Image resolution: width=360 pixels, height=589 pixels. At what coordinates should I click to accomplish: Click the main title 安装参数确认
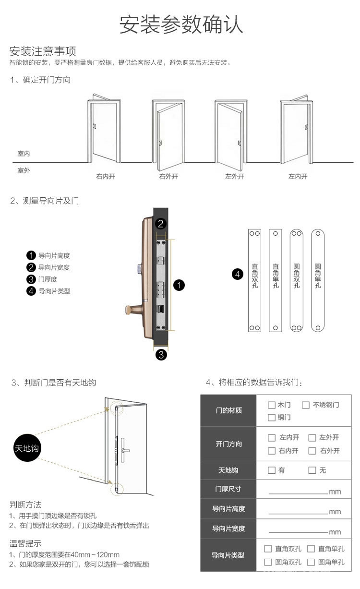pyautogui.click(x=181, y=24)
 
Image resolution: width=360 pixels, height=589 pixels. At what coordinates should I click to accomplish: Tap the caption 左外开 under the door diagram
pyautogui.click(x=235, y=176)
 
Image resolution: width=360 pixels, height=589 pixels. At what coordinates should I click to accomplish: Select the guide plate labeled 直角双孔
pyautogui.click(x=254, y=280)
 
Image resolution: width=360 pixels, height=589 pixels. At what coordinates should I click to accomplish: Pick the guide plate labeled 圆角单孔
pyautogui.click(x=318, y=280)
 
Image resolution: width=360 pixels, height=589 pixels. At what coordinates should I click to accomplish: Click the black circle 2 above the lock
pyautogui.click(x=161, y=223)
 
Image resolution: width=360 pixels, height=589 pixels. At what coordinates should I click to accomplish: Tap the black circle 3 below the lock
pyautogui.click(x=161, y=355)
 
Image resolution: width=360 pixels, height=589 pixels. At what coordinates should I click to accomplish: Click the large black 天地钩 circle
pyautogui.click(x=27, y=448)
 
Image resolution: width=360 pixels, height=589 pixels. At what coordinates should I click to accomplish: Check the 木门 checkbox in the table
pyautogui.click(x=272, y=405)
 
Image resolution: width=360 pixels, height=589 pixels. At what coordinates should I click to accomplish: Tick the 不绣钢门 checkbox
pyautogui.click(x=306, y=405)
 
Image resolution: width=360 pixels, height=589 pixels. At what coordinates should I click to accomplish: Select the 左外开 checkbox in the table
pyautogui.click(x=312, y=437)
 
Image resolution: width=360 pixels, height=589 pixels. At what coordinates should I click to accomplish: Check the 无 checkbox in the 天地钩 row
pyautogui.click(x=312, y=470)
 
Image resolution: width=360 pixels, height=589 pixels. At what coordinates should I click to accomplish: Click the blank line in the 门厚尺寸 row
pyautogui.click(x=298, y=491)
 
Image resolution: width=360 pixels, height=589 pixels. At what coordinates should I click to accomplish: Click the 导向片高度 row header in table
pyautogui.click(x=228, y=508)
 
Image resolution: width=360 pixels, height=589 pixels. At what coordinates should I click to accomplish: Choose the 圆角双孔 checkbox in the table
pyautogui.click(x=268, y=562)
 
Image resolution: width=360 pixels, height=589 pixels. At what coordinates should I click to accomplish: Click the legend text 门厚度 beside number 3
pyautogui.click(x=48, y=279)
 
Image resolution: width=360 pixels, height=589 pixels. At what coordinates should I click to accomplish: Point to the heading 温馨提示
pyautogui.click(x=25, y=543)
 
